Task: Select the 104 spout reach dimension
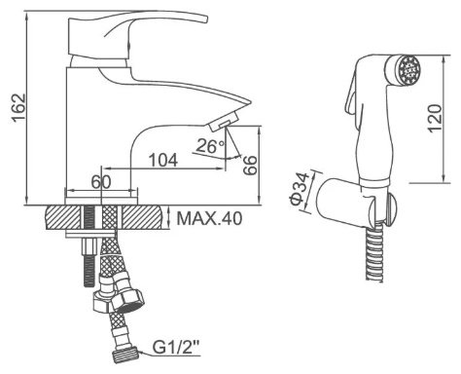[163, 160]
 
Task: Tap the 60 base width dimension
[101, 182]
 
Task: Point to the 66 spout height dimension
[250, 166]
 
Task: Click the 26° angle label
[210, 146]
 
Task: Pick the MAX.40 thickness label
[209, 219]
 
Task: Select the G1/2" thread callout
[176, 349]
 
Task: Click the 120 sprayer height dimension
[435, 118]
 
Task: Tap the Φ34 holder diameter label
[300, 189]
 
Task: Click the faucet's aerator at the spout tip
[224, 121]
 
